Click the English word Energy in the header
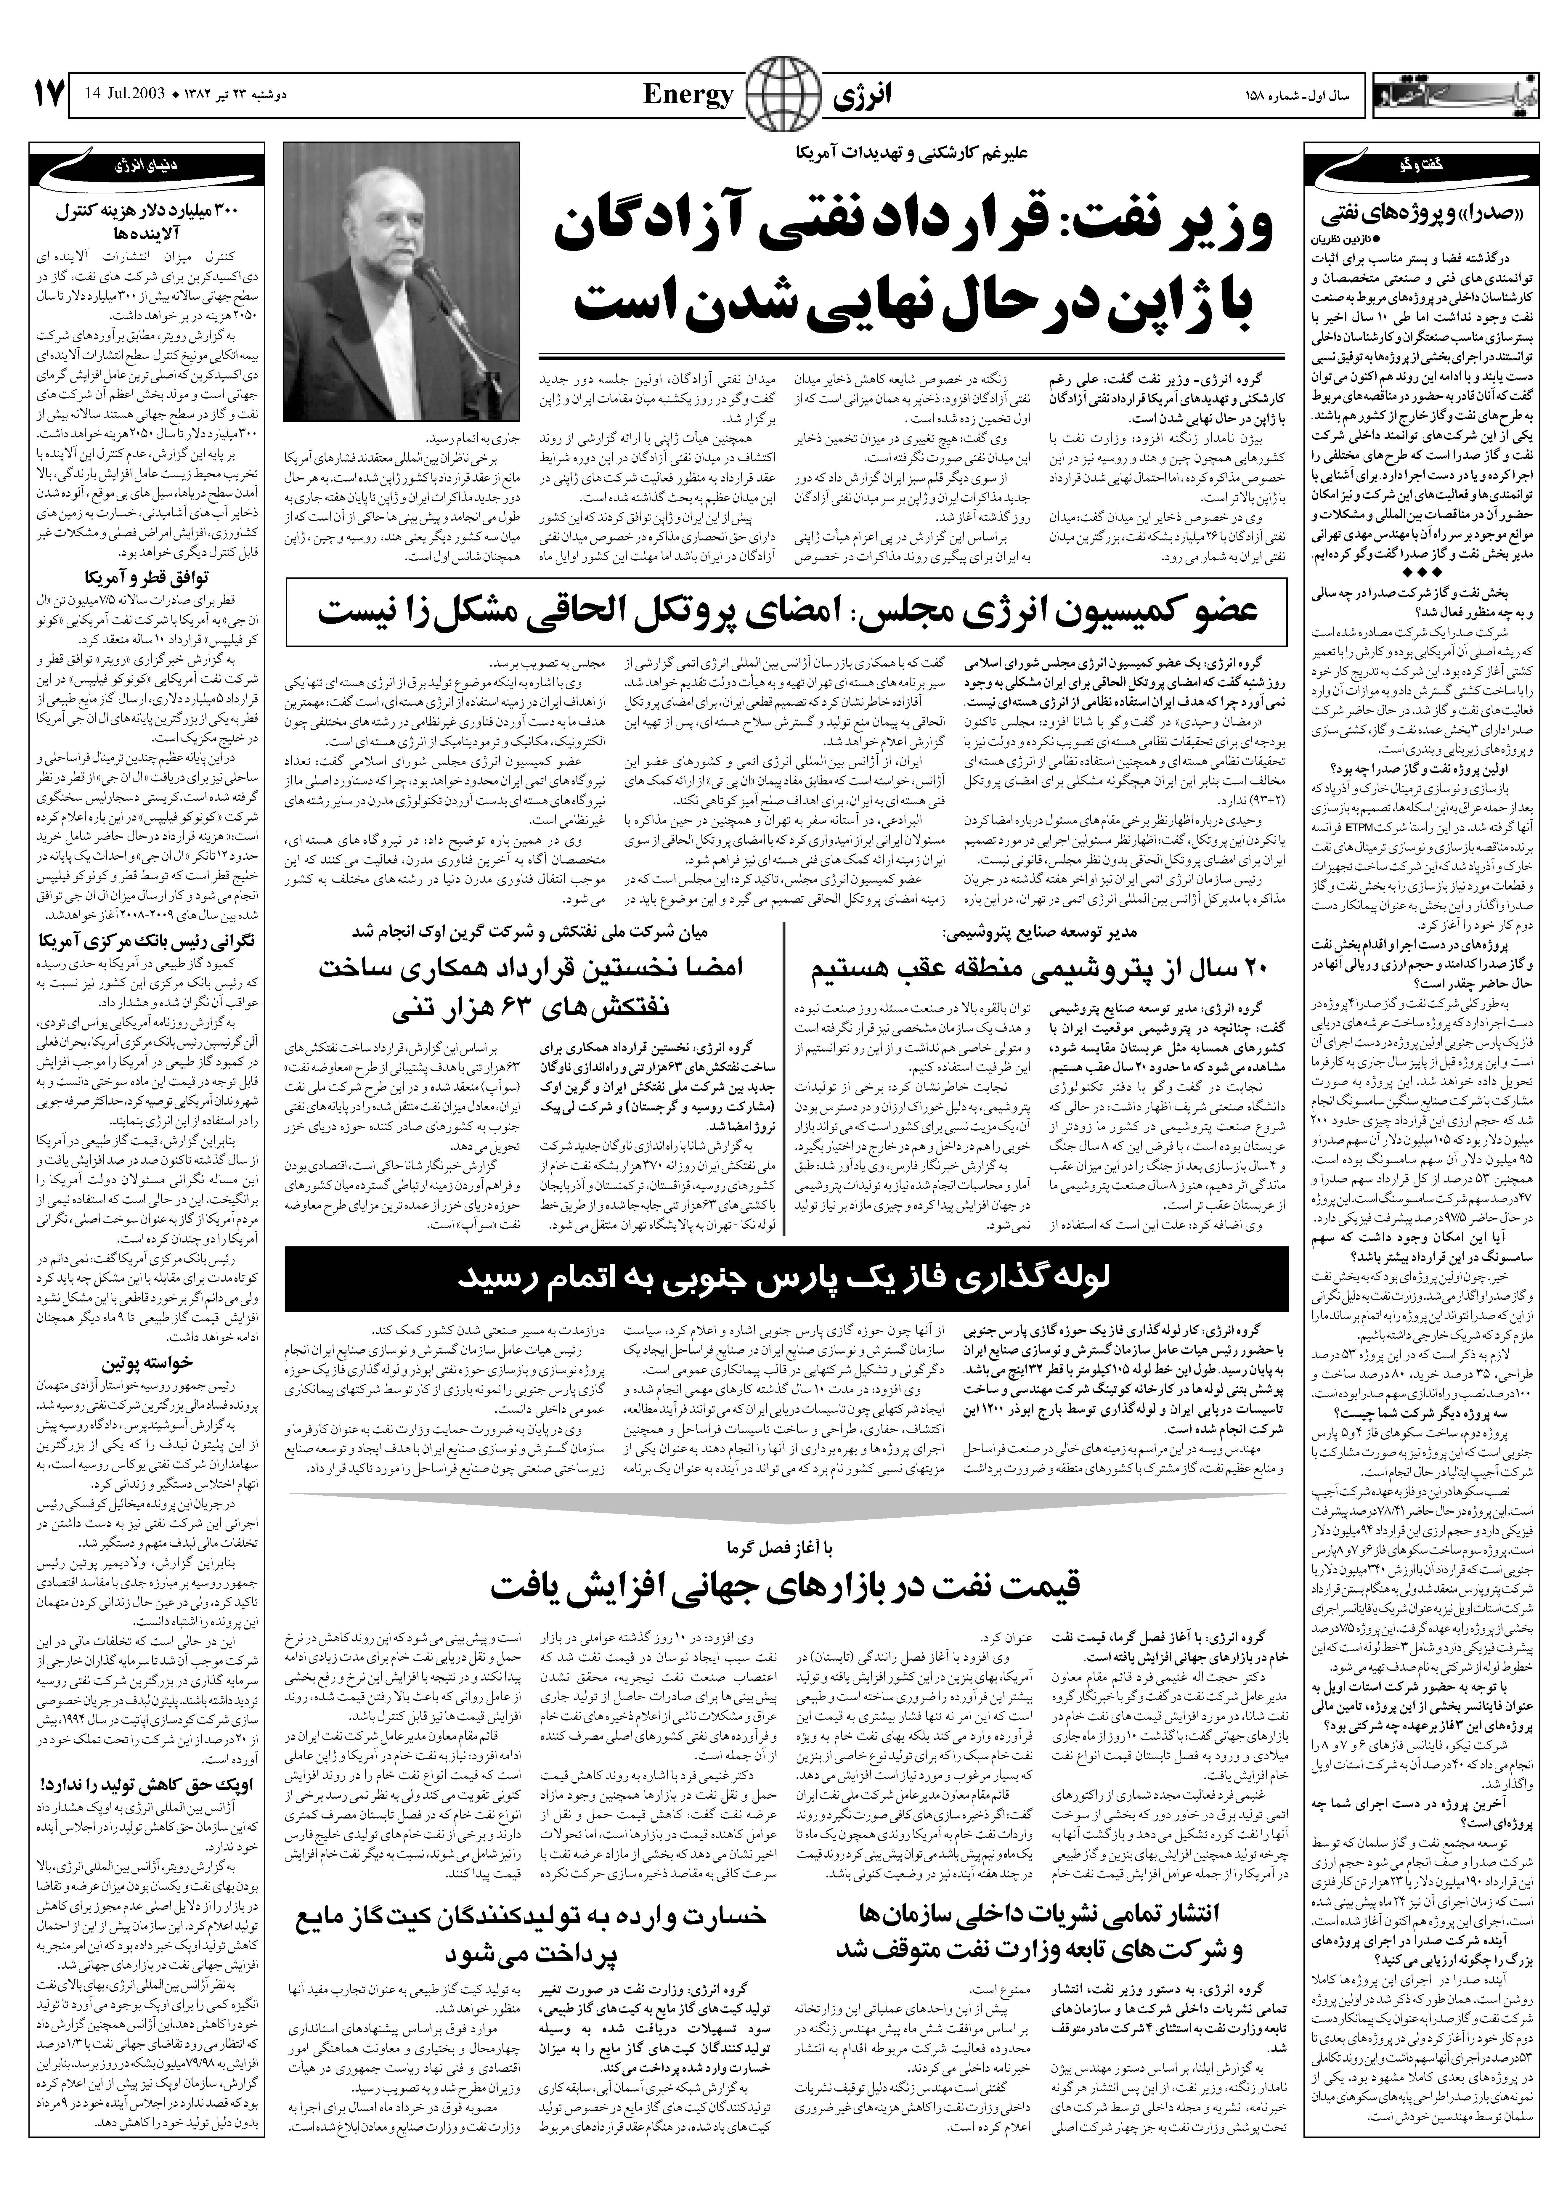[687, 95]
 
